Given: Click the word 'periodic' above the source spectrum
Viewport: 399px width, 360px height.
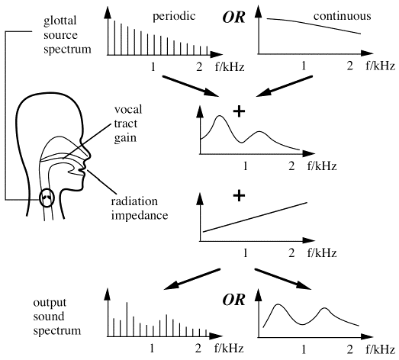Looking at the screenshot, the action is click(174, 17).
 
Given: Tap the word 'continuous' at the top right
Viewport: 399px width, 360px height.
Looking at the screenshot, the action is click(343, 16).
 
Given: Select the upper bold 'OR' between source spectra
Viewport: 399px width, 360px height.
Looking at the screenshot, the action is click(234, 18).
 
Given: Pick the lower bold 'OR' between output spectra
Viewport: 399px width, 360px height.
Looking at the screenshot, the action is click(234, 300).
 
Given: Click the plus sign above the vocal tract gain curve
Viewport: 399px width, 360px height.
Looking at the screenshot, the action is click(239, 111).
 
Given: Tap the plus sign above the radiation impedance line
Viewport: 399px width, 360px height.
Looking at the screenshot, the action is click(239, 196).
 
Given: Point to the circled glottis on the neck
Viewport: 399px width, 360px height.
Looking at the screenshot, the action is click(47, 198).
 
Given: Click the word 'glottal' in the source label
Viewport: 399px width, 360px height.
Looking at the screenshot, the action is click(60, 21).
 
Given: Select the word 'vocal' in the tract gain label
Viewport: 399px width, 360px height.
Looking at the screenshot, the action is click(128, 110).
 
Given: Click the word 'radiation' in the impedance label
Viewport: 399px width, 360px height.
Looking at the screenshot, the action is click(134, 201).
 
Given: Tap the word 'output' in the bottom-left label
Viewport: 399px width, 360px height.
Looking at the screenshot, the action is click(50, 303).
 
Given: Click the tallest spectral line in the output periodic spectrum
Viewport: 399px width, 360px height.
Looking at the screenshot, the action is click(127, 320).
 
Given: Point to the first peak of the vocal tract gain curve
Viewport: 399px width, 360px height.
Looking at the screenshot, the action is click(220, 116).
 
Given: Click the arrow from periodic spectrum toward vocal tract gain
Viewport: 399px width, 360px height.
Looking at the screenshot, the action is click(191, 86).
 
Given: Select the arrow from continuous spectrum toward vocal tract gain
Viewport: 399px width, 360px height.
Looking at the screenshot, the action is click(285, 86).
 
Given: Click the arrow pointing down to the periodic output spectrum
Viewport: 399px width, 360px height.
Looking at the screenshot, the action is click(191, 279).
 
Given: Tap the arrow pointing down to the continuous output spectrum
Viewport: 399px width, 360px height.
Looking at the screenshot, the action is click(283, 279).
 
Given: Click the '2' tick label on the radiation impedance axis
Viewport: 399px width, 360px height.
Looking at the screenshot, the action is click(291, 253).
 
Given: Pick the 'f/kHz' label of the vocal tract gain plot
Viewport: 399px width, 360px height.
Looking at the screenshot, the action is click(322, 166).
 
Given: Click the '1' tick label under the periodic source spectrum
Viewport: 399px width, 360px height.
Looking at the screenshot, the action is click(153, 66).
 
